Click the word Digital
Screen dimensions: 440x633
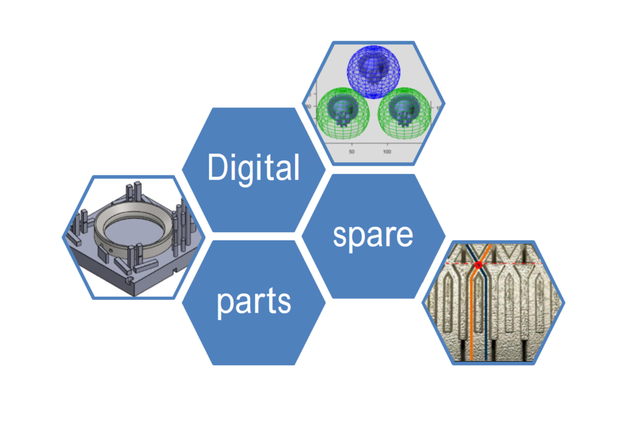coord(253,168)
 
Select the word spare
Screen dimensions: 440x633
coord(373,235)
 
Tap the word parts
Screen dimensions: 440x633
coord(253,302)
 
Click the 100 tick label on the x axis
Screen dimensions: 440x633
coord(387,151)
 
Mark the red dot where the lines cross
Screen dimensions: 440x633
coord(478,265)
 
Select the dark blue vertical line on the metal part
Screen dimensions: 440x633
coord(486,319)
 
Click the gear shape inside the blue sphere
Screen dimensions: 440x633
coord(374,76)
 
